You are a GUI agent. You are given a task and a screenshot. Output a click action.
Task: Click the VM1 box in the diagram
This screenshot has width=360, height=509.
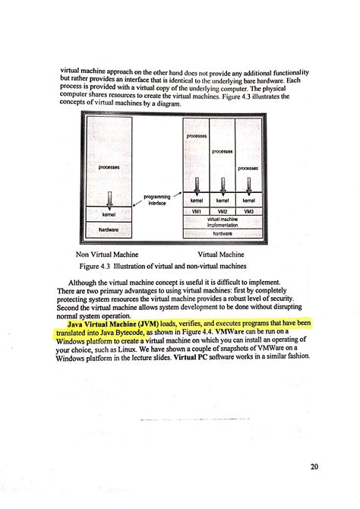click(197, 210)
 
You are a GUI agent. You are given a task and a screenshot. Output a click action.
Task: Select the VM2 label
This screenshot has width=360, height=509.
click(223, 210)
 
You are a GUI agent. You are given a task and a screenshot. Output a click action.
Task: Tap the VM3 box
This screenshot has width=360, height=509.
click(248, 210)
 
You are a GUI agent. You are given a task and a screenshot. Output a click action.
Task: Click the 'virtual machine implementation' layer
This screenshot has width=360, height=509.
click(223, 222)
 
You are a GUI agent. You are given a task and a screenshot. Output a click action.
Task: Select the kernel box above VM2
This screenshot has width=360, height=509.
click(223, 200)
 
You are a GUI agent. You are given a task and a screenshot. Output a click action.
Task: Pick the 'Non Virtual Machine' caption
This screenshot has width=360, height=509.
click(107, 254)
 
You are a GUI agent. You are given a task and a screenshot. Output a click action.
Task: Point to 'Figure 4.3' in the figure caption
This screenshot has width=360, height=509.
click(96, 267)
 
